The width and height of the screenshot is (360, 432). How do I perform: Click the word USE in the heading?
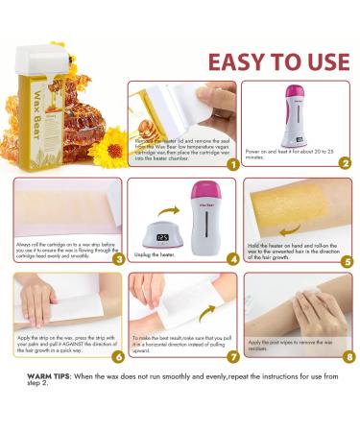[323, 62]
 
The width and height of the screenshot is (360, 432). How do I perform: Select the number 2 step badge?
[344, 162]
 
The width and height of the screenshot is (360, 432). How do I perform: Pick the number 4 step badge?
[231, 257]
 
